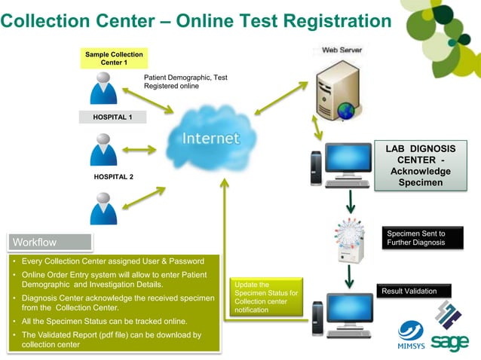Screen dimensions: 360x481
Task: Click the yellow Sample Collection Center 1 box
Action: (114, 58)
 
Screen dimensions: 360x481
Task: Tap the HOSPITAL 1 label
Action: (113, 117)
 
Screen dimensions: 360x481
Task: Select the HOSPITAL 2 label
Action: (113, 177)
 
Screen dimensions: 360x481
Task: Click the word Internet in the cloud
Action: (211, 139)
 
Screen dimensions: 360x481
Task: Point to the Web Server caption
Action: (342, 50)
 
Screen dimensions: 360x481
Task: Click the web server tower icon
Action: (337, 87)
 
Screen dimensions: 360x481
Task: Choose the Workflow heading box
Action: (50, 242)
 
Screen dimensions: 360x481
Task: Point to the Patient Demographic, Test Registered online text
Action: (185, 82)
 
